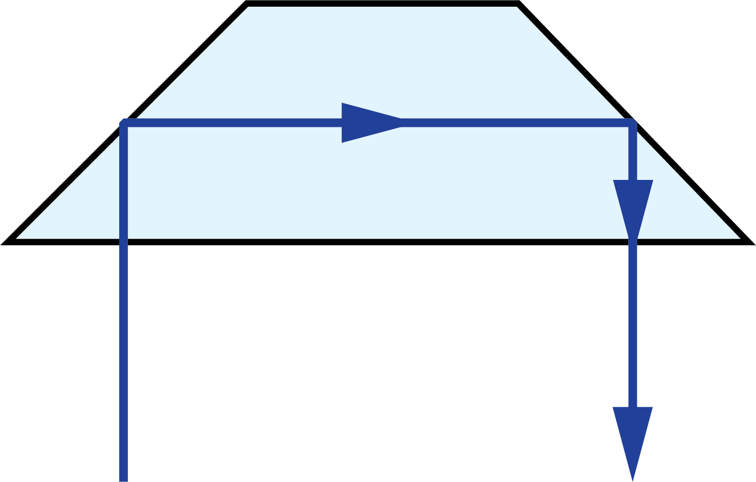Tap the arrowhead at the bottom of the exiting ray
(x=633, y=438)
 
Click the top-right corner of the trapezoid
(x=517, y=4)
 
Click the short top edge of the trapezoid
(x=382, y=4)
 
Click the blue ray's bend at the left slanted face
(x=124, y=123)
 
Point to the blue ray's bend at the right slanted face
(x=633, y=123)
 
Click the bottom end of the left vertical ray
(x=123, y=479)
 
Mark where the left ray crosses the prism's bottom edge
(x=123, y=242)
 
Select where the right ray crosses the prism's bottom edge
(x=633, y=242)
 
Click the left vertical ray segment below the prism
(x=123, y=361)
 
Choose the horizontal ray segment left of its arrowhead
(x=232, y=123)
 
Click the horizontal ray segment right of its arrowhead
(x=516, y=123)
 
